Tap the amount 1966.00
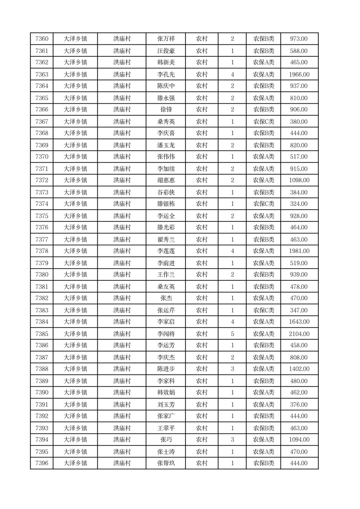click(x=299, y=74)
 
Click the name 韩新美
click(x=165, y=63)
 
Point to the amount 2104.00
click(x=299, y=334)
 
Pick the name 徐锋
click(x=165, y=109)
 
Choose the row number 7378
click(x=42, y=251)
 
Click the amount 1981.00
click(x=299, y=251)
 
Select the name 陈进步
click(x=165, y=369)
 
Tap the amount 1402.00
click(x=299, y=369)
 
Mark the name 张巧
click(x=165, y=440)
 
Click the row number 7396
click(x=42, y=463)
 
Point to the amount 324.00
click(x=299, y=204)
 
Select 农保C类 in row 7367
click(x=263, y=122)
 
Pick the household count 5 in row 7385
click(x=232, y=334)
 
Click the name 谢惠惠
click(x=165, y=180)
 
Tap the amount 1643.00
click(x=299, y=322)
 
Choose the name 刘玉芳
click(x=165, y=405)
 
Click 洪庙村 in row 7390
click(x=122, y=392)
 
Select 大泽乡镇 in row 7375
click(x=75, y=216)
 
